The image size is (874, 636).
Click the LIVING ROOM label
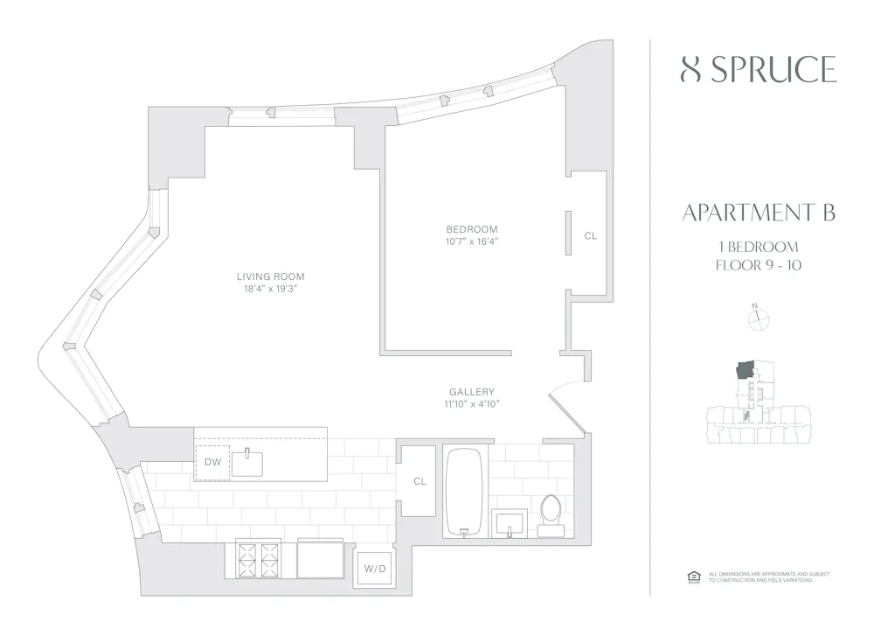(x=270, y=276)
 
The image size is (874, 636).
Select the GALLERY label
(x=472, y=392)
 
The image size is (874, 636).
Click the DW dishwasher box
(x=212, y=461)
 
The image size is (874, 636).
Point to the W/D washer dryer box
(x=374, y=569)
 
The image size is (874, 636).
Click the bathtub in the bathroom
(x=464, y=493)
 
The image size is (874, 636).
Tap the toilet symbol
(x=551, y=516)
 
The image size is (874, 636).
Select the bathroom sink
(x=510, y=524)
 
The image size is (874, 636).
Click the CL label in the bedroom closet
(x=590, y=235)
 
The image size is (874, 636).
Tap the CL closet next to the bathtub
(x=420, y=481)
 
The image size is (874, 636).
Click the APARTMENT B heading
(x=758, y=213)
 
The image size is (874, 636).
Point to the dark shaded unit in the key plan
(x=746, y=369)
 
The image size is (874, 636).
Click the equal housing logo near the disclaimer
(x=695, y=576)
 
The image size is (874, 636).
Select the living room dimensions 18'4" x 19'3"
(x=270, y=290)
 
